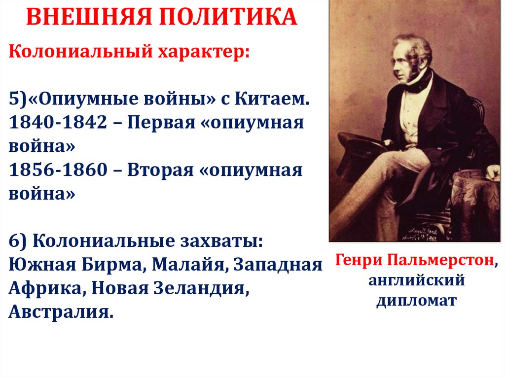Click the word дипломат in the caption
coord(417,301)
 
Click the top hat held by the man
coord(360,148)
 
